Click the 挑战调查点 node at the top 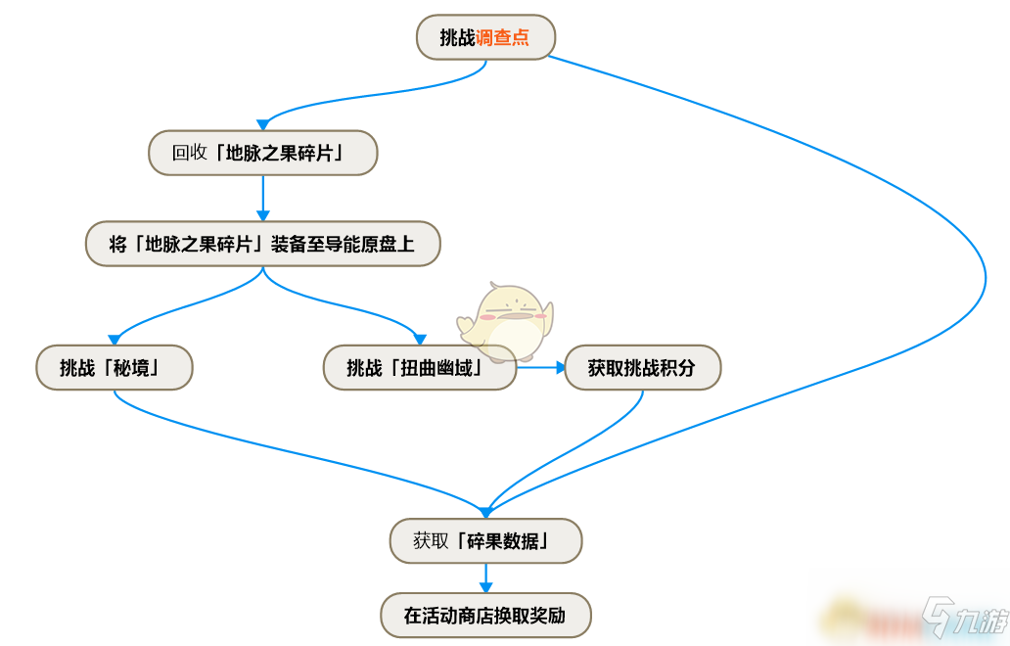[x=485, y=37]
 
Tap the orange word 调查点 [x=502, y=37]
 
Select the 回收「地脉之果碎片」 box [x=263, y=153]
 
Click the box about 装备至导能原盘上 [x=263, y=244]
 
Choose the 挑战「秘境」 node [x=114, y=367]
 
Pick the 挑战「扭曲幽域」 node [x=419, y=367]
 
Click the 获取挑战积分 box [x=642, y=367]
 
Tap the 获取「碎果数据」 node [x=485, y=540]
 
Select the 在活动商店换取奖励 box [x=485, y=615]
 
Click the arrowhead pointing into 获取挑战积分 [x=561, y=367]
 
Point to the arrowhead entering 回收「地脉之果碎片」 [x=263, y=125]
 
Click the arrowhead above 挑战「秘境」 [x=114, y=340]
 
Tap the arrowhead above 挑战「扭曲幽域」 [x=419, y=340]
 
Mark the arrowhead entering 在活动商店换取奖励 [x=485, y=587]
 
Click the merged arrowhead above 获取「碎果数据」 [x=485, y=513]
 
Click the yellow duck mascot [x=506, y=320]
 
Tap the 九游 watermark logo [x=964, y=619]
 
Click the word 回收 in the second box [x=189, y=153]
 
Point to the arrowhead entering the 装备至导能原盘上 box [x=263, y=215]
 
